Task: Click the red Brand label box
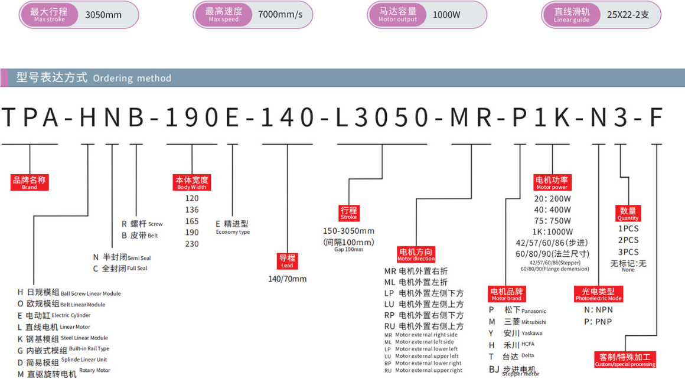coord(30,182)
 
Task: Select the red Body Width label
coord(192,182)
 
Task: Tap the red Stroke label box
coord(348,213)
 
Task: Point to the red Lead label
coord(287,261)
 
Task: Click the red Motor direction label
coord(416,254)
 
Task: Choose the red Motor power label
coord(552,182)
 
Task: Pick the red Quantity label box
coord(628,213)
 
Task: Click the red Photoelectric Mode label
coord(598,294)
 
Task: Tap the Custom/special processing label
coord(625,360)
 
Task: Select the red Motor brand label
coord(506,294)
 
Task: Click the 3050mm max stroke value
coord(103,15)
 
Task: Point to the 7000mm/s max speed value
coord(280,14)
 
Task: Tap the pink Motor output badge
coord(397,14)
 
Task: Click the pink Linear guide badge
coord(572,14)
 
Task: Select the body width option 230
coord(192,244)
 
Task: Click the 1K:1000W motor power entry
coord(552,232)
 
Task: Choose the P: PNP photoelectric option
coord(598,321)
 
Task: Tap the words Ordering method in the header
coord(132,78)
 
